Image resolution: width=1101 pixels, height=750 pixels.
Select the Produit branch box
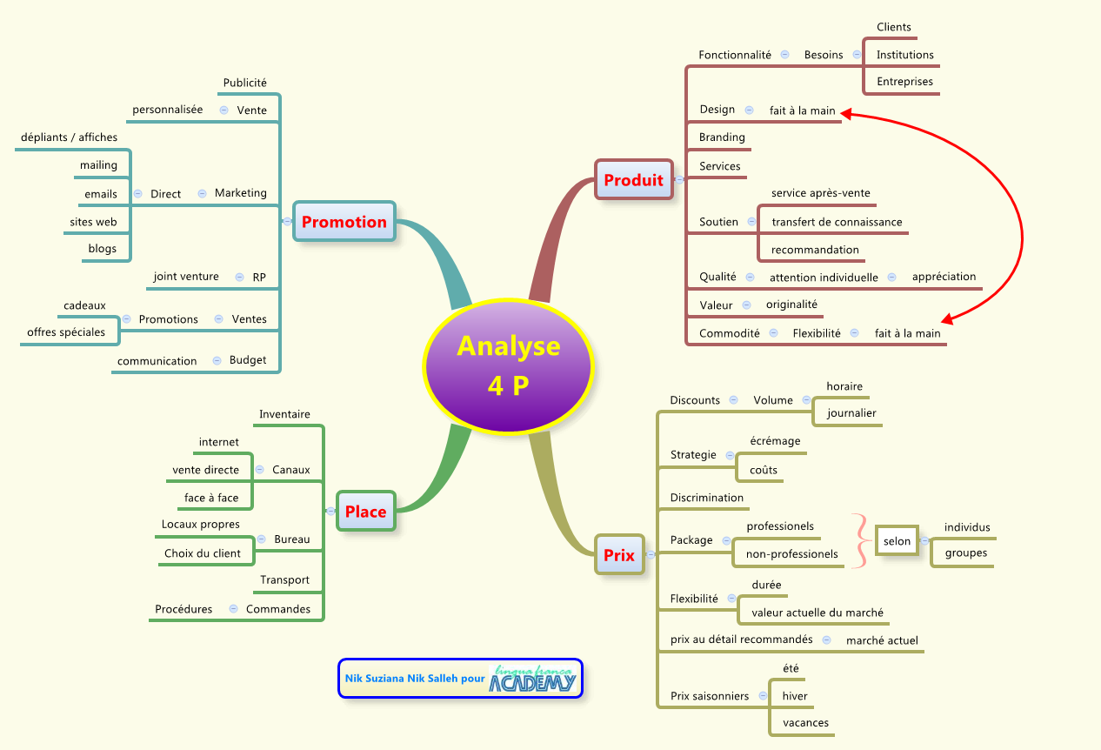(x=633, y=180)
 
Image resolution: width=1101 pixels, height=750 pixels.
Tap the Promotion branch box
(x=344, y=222)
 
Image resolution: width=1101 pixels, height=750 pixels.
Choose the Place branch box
(x=365, y=512)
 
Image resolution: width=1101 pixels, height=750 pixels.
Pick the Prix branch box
(x=619, y=554)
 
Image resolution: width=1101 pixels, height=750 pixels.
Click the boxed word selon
(x=897, y=541)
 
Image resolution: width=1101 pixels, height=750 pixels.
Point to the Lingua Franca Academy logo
(x=533, y=680)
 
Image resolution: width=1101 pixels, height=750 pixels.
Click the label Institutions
(x=904, y=55)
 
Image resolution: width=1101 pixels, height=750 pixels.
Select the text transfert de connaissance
(x=837, y=222)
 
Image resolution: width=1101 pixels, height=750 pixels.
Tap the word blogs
(x=102, y=249)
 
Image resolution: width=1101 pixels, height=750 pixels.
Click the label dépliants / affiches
(x=68, y=137)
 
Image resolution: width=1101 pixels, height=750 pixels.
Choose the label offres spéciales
(x=66, y=332)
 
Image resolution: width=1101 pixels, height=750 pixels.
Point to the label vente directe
(x=205, y=470)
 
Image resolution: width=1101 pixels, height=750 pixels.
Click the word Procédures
(x=183, y=609)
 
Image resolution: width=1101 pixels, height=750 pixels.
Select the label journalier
(x=851, y=413)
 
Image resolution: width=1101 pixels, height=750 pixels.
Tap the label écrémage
(x=775, y=441)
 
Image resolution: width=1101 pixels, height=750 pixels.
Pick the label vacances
(x=805, y=723)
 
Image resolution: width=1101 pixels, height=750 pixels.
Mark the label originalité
(x=791, y=305)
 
